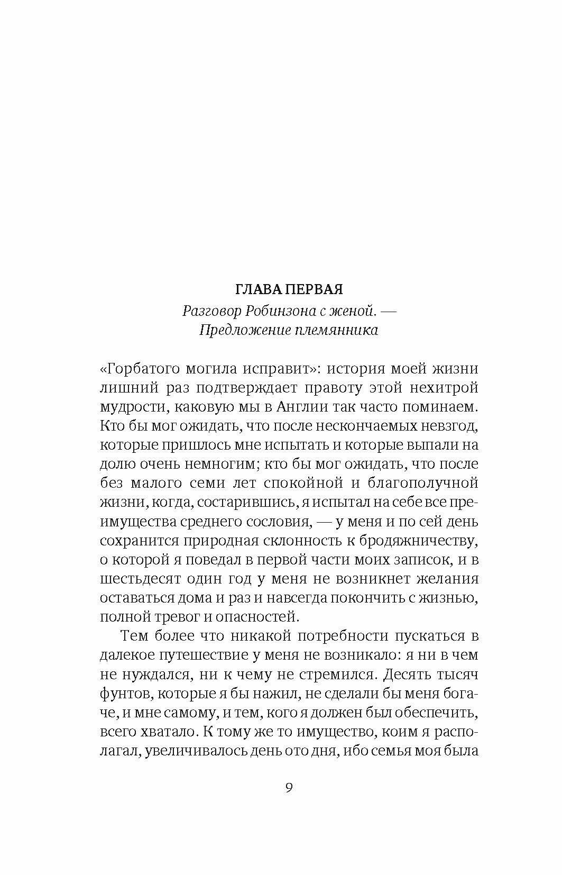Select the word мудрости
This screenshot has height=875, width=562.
(129, 407)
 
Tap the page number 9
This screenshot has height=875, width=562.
(289, 787)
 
